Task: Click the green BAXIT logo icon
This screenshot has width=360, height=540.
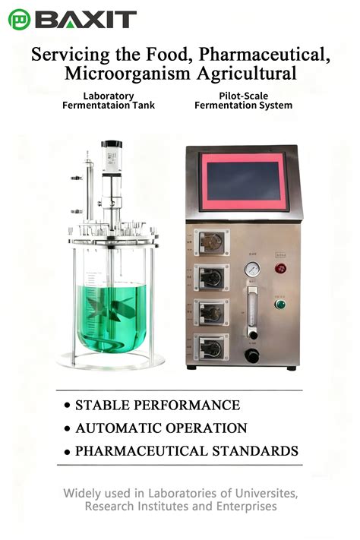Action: [x=19, y=20]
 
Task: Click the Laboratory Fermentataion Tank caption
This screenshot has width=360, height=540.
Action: [x=109, y=101]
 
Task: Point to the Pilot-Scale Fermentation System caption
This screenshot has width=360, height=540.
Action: [x=243, y=101]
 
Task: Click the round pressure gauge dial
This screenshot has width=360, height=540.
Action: [x=251, y=269]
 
